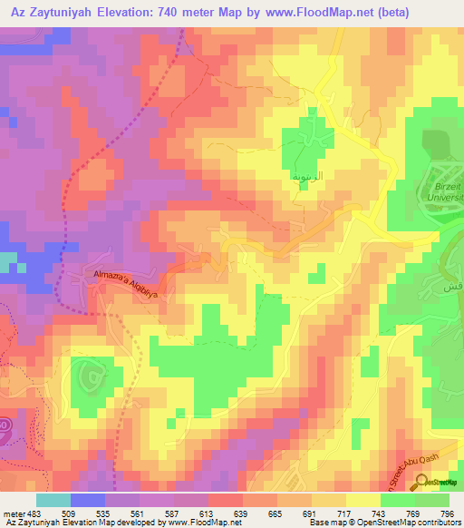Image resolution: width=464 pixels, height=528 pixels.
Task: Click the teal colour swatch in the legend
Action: click(53, 501)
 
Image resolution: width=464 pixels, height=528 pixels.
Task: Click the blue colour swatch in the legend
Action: click(87, 501)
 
